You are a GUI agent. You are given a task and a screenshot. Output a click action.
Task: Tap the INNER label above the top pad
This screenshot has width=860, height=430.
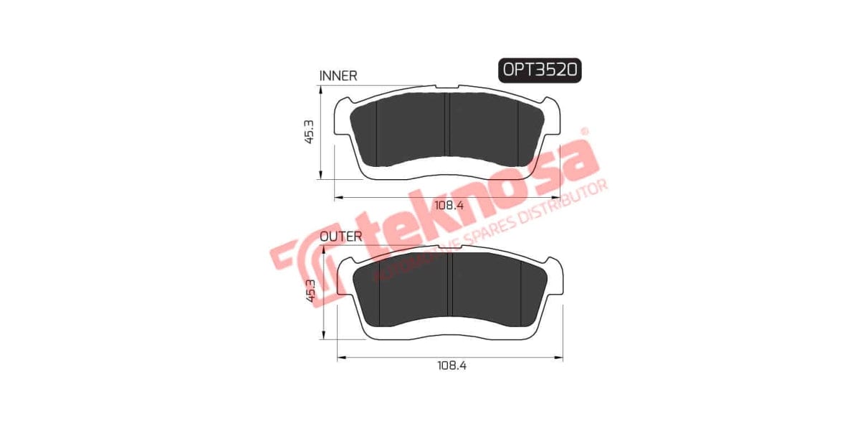tap(338, 76)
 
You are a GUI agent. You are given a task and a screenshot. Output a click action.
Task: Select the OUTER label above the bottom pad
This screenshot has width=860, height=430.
tap(340, 236)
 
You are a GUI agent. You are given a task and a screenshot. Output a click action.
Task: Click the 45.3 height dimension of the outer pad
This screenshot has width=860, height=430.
tap(310, 292)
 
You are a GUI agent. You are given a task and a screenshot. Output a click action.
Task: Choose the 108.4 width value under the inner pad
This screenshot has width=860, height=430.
tap(450, 205)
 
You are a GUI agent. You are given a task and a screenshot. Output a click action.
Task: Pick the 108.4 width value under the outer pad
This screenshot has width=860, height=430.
tap(451, 365)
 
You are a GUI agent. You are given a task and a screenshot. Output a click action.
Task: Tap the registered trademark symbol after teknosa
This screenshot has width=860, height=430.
tap(584, 132)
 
